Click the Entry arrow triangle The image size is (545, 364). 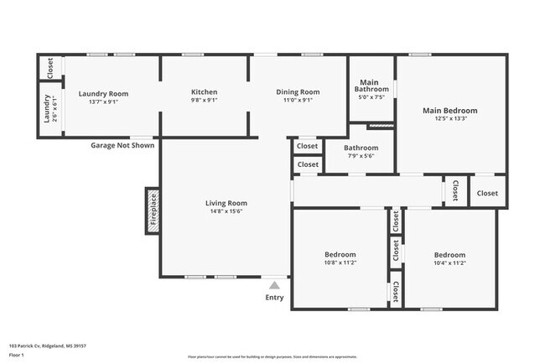click(274, 286)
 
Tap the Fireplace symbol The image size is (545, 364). click(153, 211)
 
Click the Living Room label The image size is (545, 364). click(226, 203)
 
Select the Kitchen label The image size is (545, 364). click(204, 92)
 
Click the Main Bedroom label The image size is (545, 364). click(449, 111)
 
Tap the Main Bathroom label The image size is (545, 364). click(371, 86)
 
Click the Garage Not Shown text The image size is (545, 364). click(122, 145)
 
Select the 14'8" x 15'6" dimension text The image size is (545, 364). click(226, 212)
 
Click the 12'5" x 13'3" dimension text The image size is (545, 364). click(450, 119)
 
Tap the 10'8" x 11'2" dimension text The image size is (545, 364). click(340, 263)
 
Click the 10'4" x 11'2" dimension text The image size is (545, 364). click(449, 263)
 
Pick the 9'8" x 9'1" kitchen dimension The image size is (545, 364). click(204, 101)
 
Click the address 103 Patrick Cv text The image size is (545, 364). click(48, 346)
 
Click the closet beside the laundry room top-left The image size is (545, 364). click(50, 68)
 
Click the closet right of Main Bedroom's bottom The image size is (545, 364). click(487, 193)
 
